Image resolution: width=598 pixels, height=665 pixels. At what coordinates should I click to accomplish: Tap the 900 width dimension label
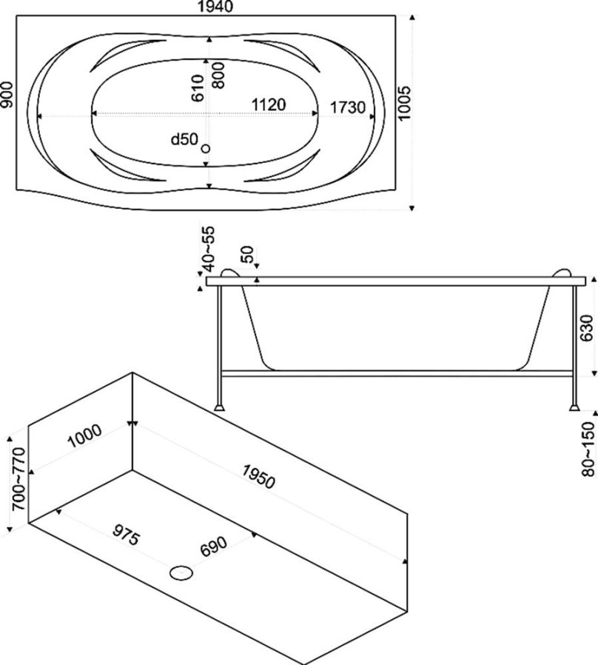pos(7,96)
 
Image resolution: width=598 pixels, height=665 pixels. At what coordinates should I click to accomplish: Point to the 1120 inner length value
pos(268,105)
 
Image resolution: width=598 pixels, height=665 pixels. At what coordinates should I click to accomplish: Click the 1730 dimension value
pos(347,107)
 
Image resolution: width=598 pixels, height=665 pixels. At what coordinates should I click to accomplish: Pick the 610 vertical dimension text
pos(198,88)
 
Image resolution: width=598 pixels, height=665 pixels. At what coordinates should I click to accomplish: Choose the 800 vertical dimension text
pos(218,75)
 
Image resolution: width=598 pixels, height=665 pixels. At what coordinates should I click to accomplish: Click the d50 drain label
pos(184,138)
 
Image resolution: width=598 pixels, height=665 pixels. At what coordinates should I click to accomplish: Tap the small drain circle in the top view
pos(206,149)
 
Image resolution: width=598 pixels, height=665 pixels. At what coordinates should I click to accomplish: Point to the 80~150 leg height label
pos(588,449)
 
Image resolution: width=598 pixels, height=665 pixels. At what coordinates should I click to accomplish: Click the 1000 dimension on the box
pos(84,439)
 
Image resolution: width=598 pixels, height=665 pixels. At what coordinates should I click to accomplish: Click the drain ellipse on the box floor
pos(181,572)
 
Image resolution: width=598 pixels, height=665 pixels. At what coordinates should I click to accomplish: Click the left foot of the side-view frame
pos(220,405)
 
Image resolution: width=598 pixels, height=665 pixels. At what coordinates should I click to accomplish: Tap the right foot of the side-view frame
pos(574,405)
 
